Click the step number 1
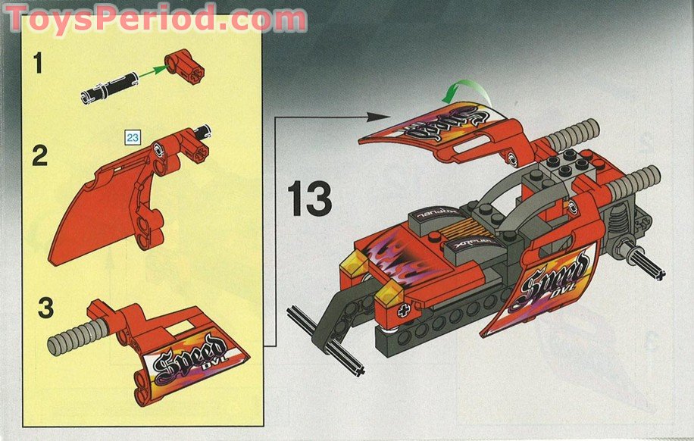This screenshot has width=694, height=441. point(34,64)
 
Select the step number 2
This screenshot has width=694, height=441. point(39,156)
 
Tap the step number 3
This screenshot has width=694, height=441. point(45,309)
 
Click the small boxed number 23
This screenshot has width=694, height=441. point(133,138)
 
